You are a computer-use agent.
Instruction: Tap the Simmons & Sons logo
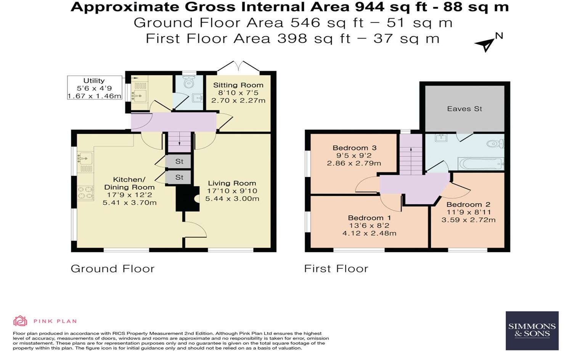coord(532,331)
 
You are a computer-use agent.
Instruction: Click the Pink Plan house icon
coord(20,321)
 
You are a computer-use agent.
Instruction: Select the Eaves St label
coord(464,109)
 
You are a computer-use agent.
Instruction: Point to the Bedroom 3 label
coord(354,148)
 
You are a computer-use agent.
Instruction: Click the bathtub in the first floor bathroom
coord(481,164)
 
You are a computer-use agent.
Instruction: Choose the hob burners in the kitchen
coord(86,193)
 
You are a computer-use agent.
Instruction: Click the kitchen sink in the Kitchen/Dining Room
coord(85,157)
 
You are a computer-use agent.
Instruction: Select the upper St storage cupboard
coord(179,161)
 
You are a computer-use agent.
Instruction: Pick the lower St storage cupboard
coord(179,177)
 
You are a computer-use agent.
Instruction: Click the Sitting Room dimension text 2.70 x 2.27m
coord(238,101)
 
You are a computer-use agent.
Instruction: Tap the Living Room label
coord(232,183)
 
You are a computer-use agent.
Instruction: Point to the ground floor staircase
coord(180,142)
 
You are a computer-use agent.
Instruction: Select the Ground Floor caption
coord(112,269)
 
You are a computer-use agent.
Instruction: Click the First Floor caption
coord(336,269)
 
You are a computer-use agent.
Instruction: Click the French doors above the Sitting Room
coord(238,67)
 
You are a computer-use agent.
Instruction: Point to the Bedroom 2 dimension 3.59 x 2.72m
coord(468,220)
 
